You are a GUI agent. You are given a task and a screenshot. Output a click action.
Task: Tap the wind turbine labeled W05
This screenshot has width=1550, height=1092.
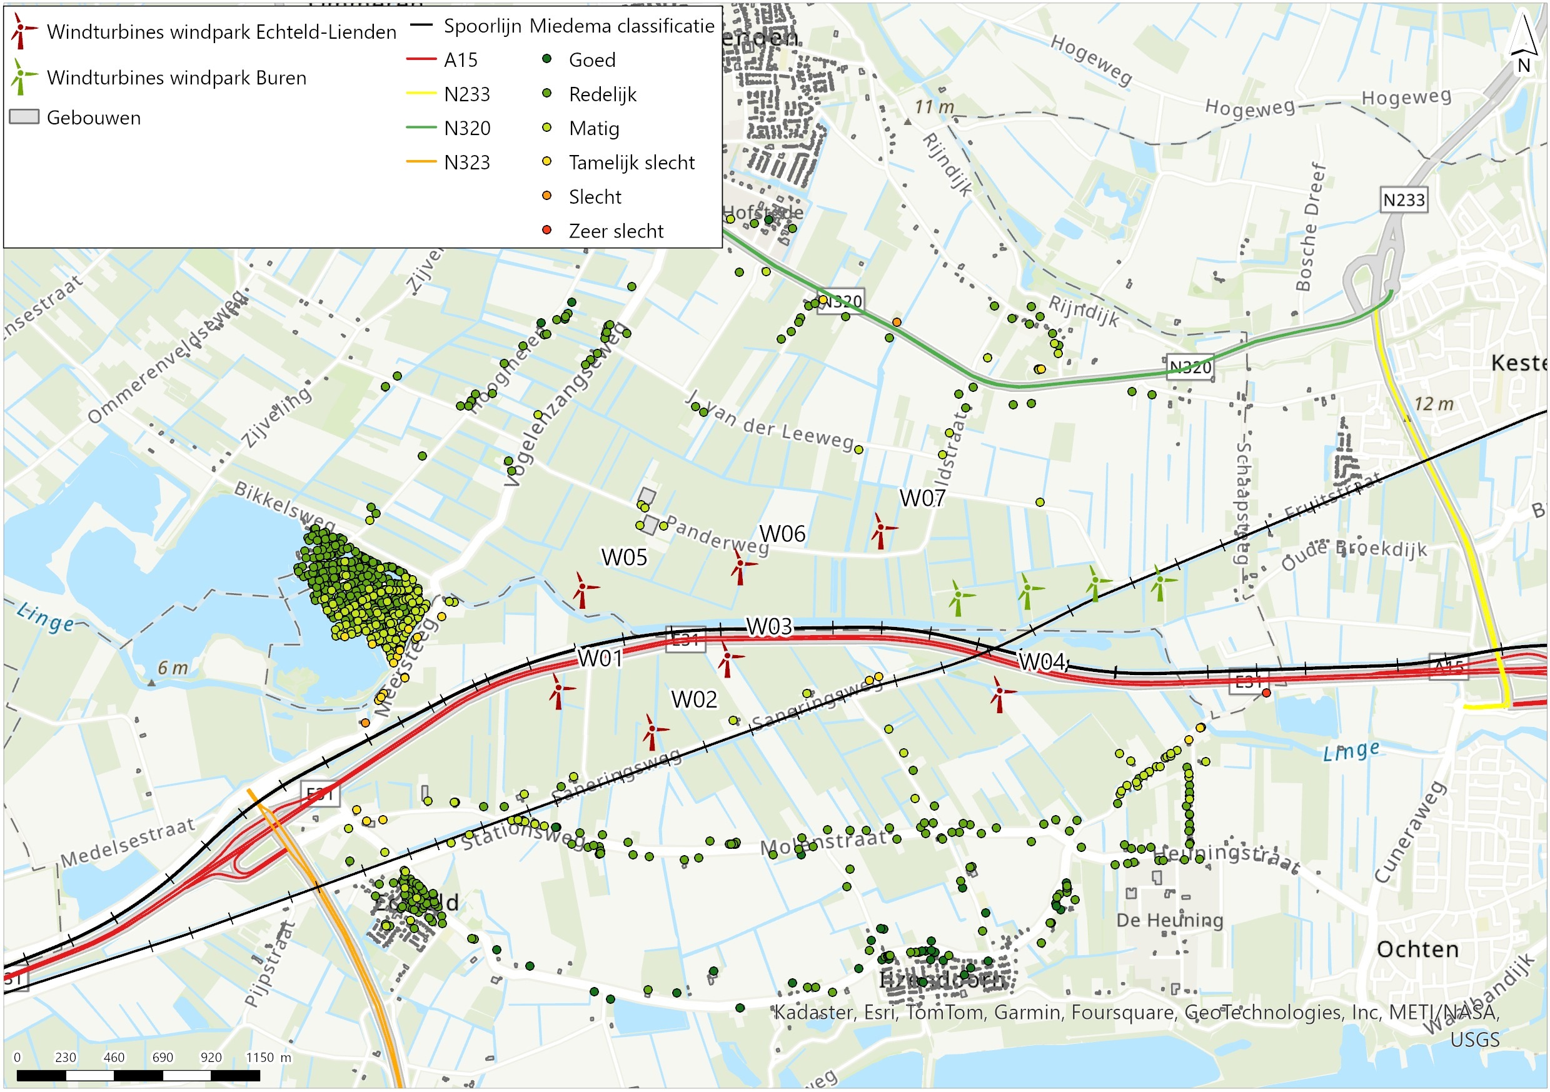click(x=581, y=591)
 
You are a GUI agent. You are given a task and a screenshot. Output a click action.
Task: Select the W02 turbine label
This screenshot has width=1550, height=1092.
click(x=694, y=700)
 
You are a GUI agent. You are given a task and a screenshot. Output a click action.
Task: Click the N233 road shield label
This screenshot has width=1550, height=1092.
click(x=1404, y=201)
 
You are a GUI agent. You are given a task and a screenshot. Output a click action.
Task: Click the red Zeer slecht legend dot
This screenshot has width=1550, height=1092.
click(x=547, y=230)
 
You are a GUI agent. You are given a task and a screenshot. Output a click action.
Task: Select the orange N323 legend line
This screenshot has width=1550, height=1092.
click(x=421, y=162)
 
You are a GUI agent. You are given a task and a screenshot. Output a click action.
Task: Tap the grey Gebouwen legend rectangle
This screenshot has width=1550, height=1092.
click(x=24, y=117)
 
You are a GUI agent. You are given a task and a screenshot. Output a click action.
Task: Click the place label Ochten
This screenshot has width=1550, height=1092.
click(x=1417, y=949)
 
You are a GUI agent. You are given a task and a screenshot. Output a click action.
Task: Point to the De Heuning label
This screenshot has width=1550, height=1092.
click(x=1169, y=921)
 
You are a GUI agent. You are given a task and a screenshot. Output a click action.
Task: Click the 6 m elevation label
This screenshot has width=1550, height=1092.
click(x=173, y=668)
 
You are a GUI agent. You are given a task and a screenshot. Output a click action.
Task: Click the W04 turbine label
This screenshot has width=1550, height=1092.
click(x=1042, y=661)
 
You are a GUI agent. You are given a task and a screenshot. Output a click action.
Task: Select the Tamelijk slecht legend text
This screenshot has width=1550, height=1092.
click(x=632, y=163)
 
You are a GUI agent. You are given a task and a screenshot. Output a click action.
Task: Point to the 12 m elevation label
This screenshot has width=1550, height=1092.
click(x=1432, y=404)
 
